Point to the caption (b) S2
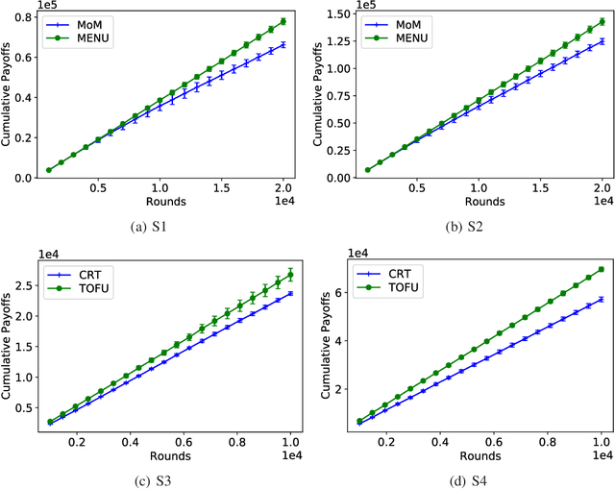pyautogui.click(x=467, y=227)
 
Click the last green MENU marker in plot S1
pyautogui.click(x=283, y=22)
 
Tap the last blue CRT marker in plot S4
pyautogui.click(x=602, y=299)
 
